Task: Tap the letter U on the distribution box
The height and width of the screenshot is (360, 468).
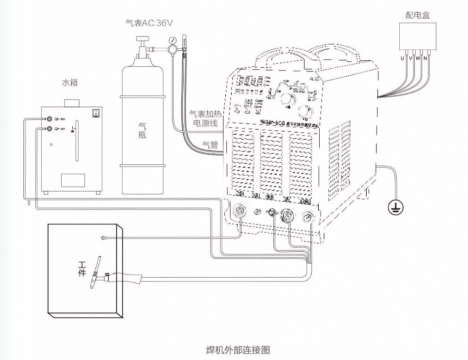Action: tap(402, 59)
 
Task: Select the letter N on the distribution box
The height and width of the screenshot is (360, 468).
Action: tap(425, 59)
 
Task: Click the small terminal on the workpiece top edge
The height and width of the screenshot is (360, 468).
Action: tap(103, 237)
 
